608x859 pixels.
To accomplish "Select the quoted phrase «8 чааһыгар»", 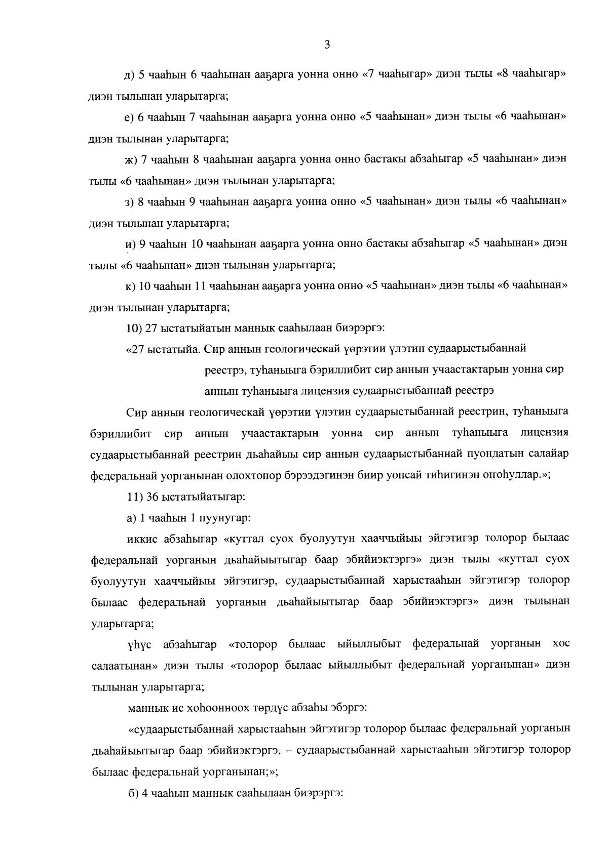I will tap(533, 74).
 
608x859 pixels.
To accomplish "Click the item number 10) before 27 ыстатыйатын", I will tap(134, 328).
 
